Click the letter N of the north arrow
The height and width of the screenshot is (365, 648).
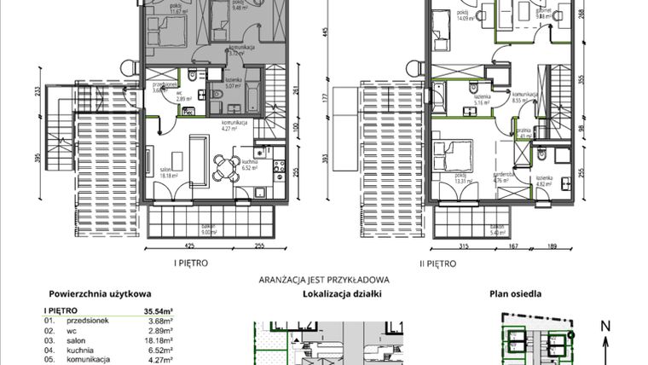(605, 326)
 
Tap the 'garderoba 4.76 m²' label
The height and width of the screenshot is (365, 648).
(503, 178)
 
